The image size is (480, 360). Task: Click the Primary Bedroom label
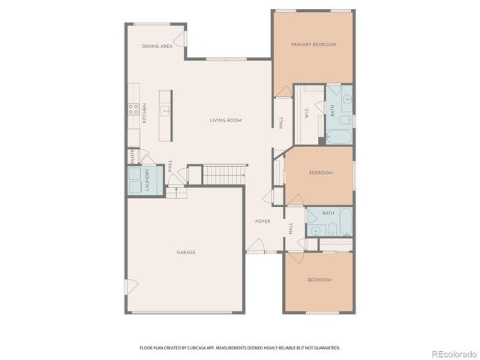point(313,45)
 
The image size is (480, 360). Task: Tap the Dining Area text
point(157,46)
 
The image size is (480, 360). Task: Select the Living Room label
point(225,120)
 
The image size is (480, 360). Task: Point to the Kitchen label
point(144,115)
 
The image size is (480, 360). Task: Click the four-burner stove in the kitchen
point(133,110)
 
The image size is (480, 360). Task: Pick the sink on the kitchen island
point(166,111)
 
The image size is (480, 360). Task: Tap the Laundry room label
point(147,181)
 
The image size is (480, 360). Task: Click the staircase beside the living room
point(224,175)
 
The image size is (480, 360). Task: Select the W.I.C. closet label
point(307,113)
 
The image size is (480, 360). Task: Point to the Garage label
point(186,252)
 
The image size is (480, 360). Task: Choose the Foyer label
point(262,221)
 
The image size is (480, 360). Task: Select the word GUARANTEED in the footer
point(325,348)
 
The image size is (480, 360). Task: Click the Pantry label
point(132,157)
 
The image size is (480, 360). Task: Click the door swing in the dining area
point(179,39)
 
